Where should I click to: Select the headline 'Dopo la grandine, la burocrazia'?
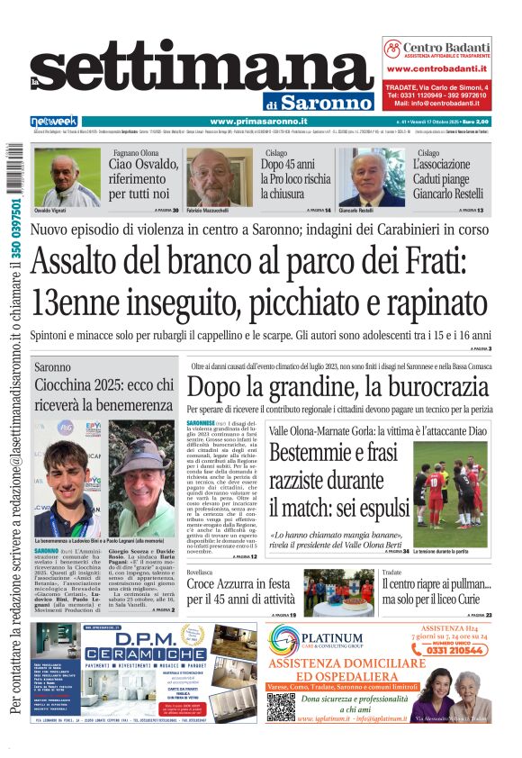337,389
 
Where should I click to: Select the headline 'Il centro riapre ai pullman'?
436,585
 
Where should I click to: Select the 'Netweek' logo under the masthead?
54,122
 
